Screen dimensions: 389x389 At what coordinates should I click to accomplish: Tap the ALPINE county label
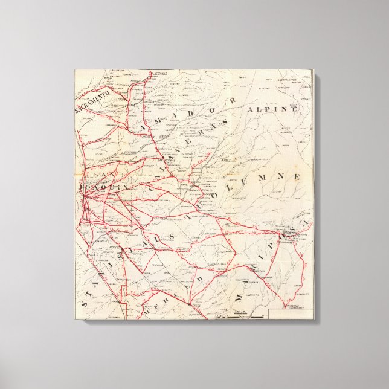click(272, 109)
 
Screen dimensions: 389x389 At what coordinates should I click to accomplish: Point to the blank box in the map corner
click(290, 313)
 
